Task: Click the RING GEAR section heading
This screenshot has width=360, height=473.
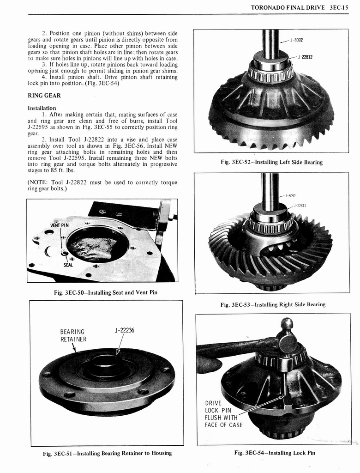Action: coord(44,96)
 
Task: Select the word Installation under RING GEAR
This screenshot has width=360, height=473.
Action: coord(42,108)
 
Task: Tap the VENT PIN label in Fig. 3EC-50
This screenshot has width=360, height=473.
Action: coord(59,225)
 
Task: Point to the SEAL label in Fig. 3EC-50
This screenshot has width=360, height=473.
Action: coord(68,265)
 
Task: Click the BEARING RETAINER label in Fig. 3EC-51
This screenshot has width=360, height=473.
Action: coord(73,335)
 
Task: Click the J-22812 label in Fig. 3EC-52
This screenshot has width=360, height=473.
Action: coord(306,57)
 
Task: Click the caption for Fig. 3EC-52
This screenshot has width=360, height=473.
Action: coord(271,162)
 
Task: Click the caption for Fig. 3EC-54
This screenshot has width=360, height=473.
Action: coord(274,453)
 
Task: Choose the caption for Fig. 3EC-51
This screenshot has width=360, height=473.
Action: coord(107,453)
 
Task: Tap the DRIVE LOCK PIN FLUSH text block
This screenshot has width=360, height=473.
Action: coord(223,414)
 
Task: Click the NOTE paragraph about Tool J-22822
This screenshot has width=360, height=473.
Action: coord(102,185)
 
